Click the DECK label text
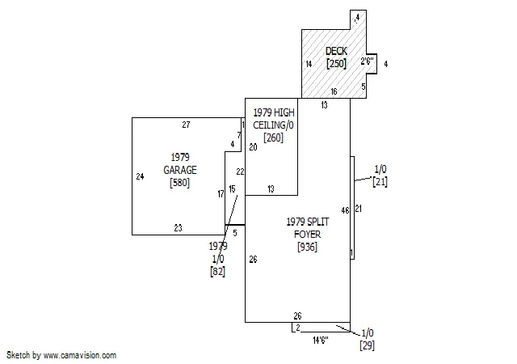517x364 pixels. [336, 51]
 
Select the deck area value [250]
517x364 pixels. [336, 63]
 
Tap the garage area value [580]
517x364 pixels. [179, 183]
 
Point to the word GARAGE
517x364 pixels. [180, 170]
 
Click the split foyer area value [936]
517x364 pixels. [307, 247]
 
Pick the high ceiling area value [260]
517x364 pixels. [273, 138]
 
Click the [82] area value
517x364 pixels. [217, 272]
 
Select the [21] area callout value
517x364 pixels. [380, 182]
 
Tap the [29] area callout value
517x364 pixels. [367, 345]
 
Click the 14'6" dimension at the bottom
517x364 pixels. [321, 340]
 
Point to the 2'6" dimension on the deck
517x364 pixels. [367, 61]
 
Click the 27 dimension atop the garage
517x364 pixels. [186, 125]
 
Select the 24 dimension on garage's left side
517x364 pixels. [140, 176]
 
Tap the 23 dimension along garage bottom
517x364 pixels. [178, 228]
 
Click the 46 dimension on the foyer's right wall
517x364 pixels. [345, 210]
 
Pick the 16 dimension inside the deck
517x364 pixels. [334, 91]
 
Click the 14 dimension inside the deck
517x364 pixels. [309, 64]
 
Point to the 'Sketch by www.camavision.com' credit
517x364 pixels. [61, 355]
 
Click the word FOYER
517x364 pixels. [307, 235]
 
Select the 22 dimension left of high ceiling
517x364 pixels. [240, 171]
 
